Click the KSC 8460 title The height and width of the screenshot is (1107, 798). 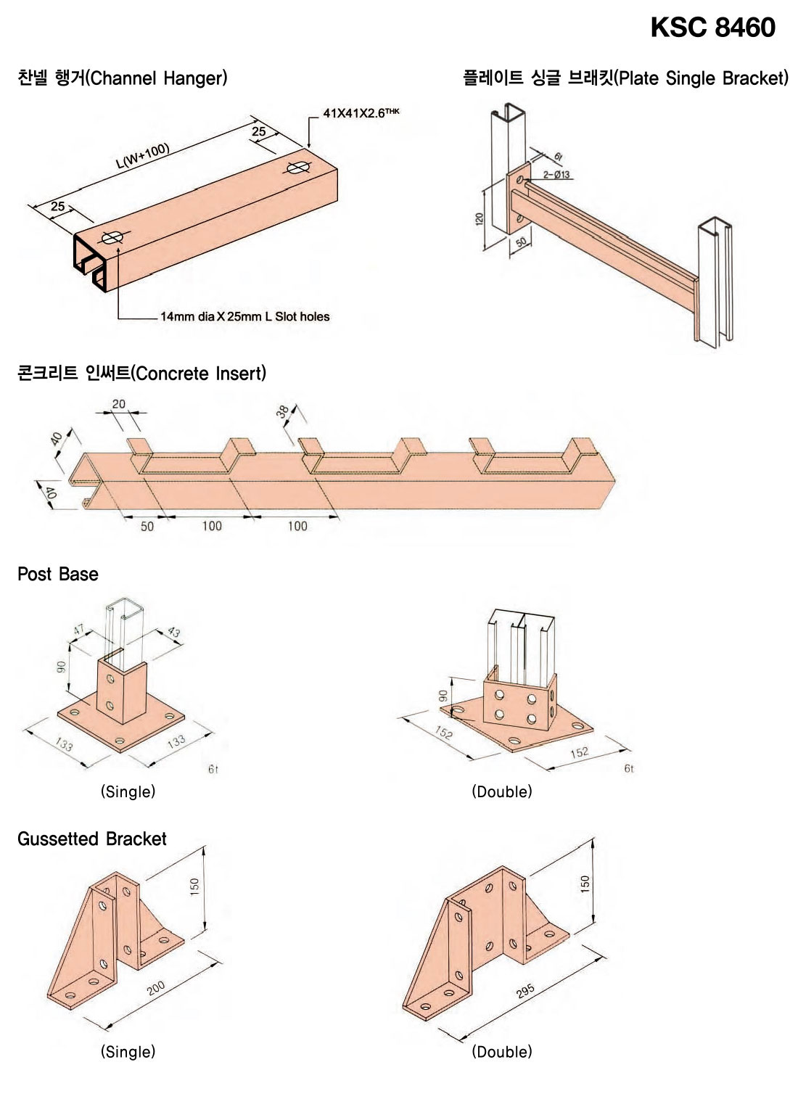712,28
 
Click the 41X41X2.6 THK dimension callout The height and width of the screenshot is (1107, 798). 361,113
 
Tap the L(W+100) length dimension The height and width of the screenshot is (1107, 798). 143,156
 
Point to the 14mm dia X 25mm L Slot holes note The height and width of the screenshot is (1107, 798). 244,317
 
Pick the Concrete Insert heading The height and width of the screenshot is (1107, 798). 141,374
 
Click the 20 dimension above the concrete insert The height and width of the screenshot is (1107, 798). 118,404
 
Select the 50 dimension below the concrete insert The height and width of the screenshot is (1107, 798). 147,526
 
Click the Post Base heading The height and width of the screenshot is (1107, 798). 58,575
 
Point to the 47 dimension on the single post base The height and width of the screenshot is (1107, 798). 79,630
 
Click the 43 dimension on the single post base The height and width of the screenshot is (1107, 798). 173,632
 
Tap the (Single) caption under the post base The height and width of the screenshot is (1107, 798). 128,791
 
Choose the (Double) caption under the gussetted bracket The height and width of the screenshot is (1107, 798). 502,1051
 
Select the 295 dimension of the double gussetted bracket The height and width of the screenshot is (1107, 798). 525,991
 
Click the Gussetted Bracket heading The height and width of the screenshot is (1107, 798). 92,839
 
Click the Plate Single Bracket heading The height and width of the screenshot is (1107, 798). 625,78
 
